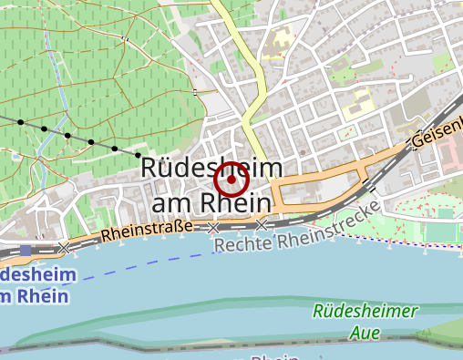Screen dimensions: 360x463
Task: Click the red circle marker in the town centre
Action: tap(232, 180)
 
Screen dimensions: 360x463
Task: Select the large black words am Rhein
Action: tap(211, 202)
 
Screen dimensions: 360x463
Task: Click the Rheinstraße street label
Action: tap(146, 231)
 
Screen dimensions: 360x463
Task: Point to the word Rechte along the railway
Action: tap(243, 245)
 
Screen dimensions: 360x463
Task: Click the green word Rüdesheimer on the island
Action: tap(365, 311)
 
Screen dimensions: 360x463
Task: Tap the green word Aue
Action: tap(365, 333)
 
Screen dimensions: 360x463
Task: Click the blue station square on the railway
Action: tap(25, 249)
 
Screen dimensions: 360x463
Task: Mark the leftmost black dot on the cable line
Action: tap(20, 121)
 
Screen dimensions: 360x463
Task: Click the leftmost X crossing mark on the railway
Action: tap(64, 248)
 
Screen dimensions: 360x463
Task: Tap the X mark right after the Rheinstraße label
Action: tap(213, 227)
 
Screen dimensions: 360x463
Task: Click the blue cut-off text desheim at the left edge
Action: tap(31, 274)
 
